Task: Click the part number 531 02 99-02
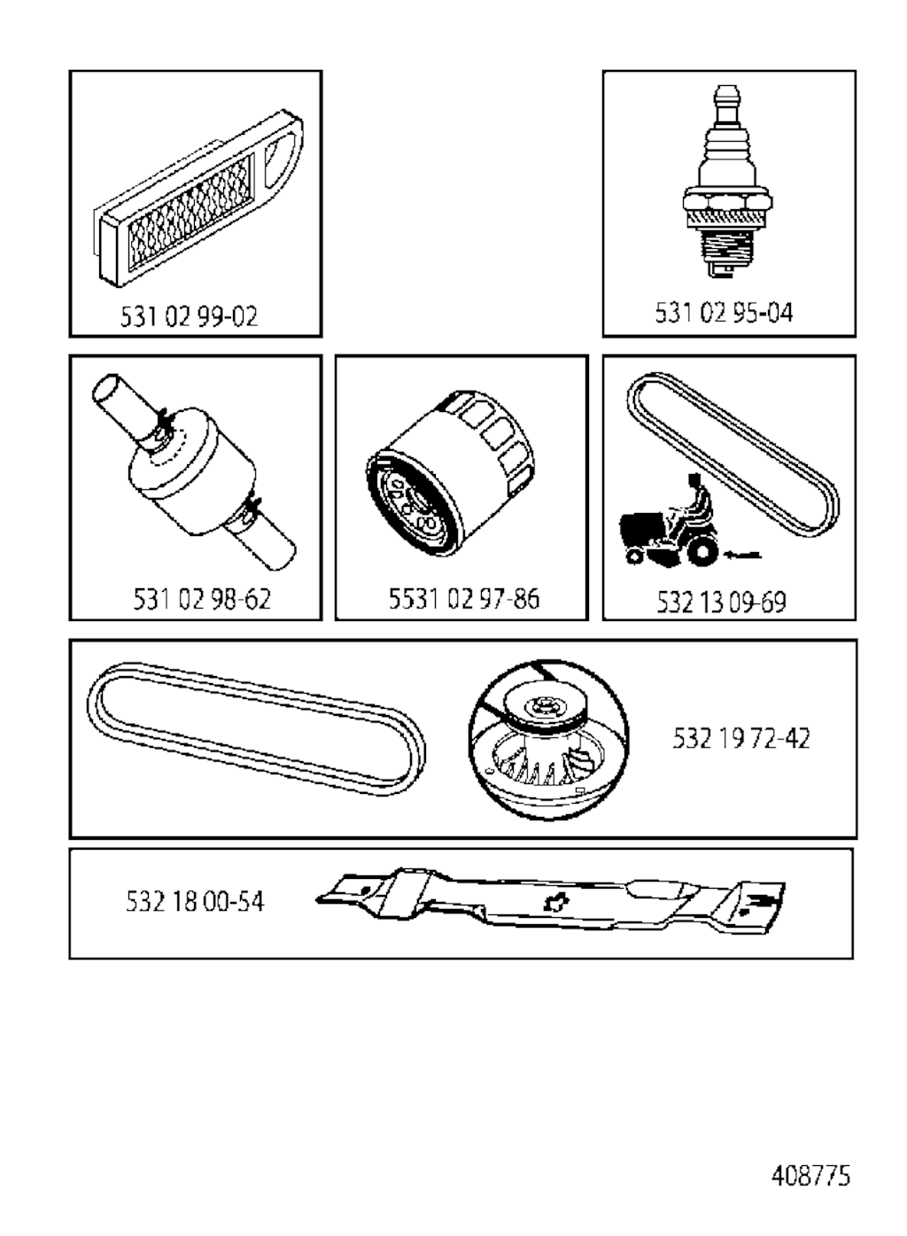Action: pyautogui.click(x=189, y=316)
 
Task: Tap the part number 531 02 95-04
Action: pyautogui.click(x=724, y=312)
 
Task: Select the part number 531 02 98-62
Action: pyautogui.click(x=202, y=599)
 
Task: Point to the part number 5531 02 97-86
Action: pyautogui.click(x=464, y=599)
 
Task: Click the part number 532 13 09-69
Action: pyautogui.click(x=721, y=602)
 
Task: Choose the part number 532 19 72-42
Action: pyautogui.click(x=741, y=738)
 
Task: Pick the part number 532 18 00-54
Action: pyautogui.click(x=195, y=902)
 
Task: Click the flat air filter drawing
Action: pyautogui.click(x=198, y=198)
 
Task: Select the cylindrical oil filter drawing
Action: pyautogui.click(x=450, y=475)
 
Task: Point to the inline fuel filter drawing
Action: pyautogui.click(x=194, y=471)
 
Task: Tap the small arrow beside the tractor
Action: pyautogui.click(x=742, y=555)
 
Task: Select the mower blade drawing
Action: pyautogui.click(x=550, y=902)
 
